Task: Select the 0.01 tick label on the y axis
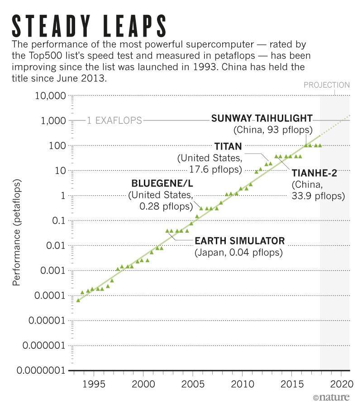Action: coord(57,246)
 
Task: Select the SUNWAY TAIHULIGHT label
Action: coord(262,119)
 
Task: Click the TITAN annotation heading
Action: coord(228,146)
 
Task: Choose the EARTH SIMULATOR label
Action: coord(239,240)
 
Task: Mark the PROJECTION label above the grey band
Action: coord(326,84)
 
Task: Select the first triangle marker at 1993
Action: coord(78,300)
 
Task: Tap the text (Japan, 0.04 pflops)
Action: coord(238,253)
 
